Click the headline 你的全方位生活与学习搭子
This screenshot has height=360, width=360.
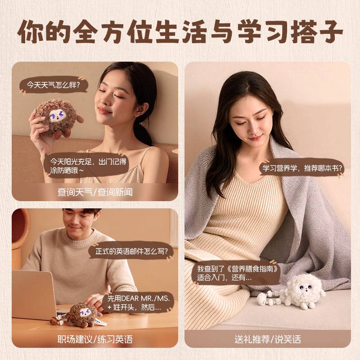tap(180, 32)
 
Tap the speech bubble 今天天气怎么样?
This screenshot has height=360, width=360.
tap(53, 85)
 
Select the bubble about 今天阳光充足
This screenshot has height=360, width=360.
tap(87, 166)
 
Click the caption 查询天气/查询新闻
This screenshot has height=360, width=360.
tap(95, 192)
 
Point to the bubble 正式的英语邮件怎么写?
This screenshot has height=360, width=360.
tap(131, 252)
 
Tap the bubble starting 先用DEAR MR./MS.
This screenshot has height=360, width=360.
tap(138, 302)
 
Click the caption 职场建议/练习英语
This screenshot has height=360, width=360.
tap(95, 339)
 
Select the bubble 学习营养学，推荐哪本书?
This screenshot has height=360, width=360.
tap(302, 168)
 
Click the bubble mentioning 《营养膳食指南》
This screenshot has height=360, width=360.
tap(238, 273)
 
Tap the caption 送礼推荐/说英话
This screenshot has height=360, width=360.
tap(268, 339)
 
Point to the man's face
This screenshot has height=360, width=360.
tap(81, 221)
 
